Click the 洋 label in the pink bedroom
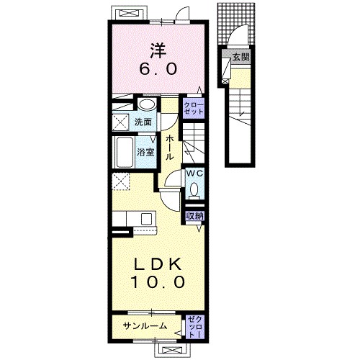(158, 50)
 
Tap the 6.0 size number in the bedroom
(158, 68)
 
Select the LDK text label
(158, 264)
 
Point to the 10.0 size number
(158, 282)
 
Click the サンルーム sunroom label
(145, 325)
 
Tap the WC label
(195, 174)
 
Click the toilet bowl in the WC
(194, 189)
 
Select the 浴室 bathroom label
(145, 152)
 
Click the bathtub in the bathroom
(125, 153)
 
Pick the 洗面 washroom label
(143, 122)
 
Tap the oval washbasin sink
(147, 105)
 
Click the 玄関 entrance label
(241, 57)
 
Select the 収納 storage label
(195, 216)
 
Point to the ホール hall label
(170, 147)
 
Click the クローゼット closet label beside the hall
(194, 108)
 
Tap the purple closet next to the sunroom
(195, 327)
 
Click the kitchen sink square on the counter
(146, 218)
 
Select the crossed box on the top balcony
(129, 13)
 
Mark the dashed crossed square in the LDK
(121, 181)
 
